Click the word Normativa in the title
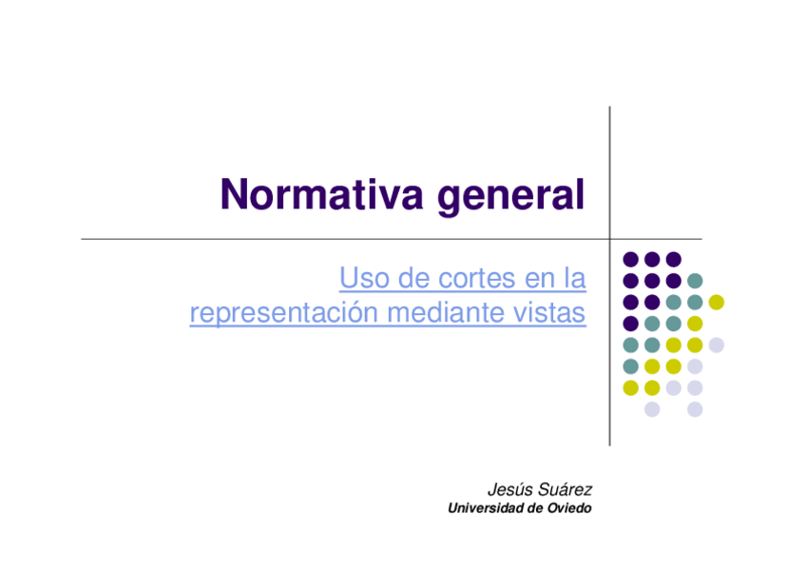(x=322, y=194)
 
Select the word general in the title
(x=511, y=197)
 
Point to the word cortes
(x=476, y=280)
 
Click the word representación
(x=284, y=313)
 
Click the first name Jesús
(x=509, y=489)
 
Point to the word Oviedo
(x=569, y=508)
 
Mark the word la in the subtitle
(x=575, y=278)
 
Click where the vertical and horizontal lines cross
(x=609, y=239)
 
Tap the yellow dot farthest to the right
(x=716, y=302)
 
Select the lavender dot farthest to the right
(x=716, y=344)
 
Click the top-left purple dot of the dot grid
(x=631, y=259)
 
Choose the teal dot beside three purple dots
(x=695, y=281)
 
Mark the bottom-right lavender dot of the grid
(x=695, y=409)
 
